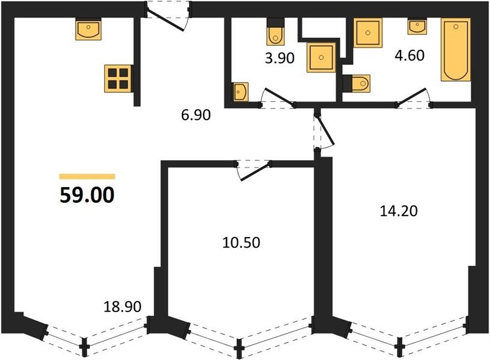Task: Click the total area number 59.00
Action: point(87,195)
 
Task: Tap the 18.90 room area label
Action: point(122,307)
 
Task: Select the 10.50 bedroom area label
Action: point(241,242)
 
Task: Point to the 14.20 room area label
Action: point(399,211)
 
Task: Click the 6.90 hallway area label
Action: point(196,115)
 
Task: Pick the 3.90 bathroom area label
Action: point(280,58)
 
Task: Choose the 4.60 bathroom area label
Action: point(410,55)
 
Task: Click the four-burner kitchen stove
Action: point(118,79)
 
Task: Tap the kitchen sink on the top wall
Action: point(88,29)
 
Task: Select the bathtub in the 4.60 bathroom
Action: point(456,50)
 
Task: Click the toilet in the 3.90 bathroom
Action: point(276,32)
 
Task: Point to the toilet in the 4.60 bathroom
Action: point(357,83)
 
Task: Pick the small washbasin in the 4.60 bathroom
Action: point(417,27)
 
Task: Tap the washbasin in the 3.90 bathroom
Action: point(241,92)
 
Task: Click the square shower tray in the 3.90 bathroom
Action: point(321,58)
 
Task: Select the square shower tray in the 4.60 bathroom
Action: point(368,33)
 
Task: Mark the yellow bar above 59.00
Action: point(87,177)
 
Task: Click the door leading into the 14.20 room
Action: point(324,133)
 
